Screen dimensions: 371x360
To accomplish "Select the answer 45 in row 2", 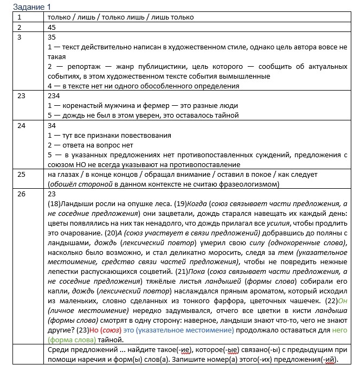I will (x=53, y=27).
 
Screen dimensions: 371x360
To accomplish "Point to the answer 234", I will (x=55, y=95).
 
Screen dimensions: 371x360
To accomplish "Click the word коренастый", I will (x=83, y=105).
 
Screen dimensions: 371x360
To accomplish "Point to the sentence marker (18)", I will (x=55, y=203).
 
